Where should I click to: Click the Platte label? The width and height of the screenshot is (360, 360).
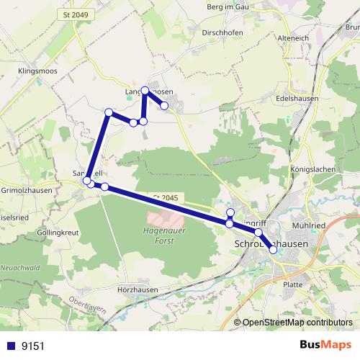pyautogui.click(x=293, y=284)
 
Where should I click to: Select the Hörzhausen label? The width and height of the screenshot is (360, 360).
pyautogui.click(x=138, y=289)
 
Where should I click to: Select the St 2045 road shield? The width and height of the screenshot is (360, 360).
pyautogui.click(x=165, y=197)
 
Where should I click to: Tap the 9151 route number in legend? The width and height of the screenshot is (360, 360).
pyautogui.click(x=32, y=346)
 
